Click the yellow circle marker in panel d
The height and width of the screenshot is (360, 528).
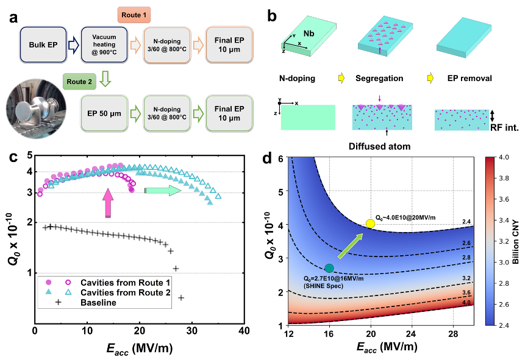[x=370, y=224]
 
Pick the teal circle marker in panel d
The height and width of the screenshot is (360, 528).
[x=329, y=267]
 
